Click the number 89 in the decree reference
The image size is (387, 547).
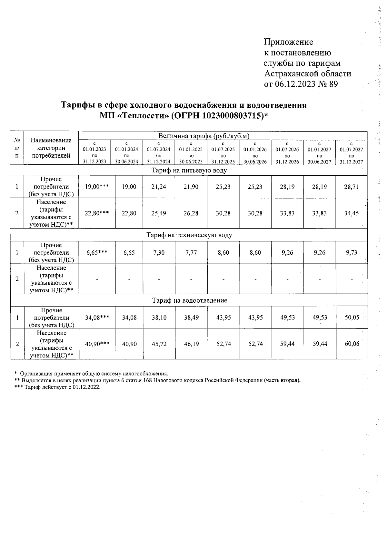(x=333, y=84)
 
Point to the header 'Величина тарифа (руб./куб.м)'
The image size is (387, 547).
(x=204, y=136)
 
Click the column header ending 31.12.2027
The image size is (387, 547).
(x=351, y=152)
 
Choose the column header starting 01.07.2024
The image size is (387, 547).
(x=158, y=152)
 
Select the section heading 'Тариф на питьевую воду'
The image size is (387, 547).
(x=189, y=170)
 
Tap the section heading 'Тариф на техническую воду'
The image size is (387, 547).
(x=189, y=235)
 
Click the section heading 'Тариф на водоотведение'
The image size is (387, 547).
(x=189, y=300)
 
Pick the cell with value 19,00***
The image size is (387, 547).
(x=97, y=187)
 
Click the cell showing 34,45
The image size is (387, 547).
(x=351, y=213)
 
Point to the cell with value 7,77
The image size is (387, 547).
(x=191, y=253)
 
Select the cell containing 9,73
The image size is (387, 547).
(x=351, y=253)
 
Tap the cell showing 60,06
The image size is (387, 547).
(x=352, y=344)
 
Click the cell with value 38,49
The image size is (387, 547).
(x=191, y=317)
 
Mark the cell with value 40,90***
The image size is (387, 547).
(x=97, y=344)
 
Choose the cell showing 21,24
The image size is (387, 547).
(x=159, y=187)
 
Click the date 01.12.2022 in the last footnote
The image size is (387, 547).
(x=86, y=387)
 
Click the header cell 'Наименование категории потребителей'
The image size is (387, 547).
(x=51, y=148)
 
